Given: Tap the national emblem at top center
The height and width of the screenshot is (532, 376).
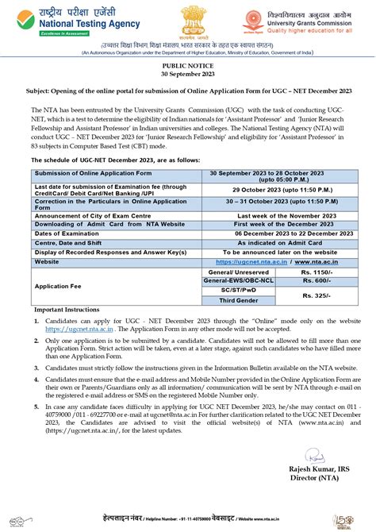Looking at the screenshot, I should click(x=188, y=22).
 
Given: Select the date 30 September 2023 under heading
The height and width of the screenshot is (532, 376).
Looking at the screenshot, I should click(x=188, y=79).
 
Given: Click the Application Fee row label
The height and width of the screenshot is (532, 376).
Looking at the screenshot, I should click(x=56, y=286).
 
